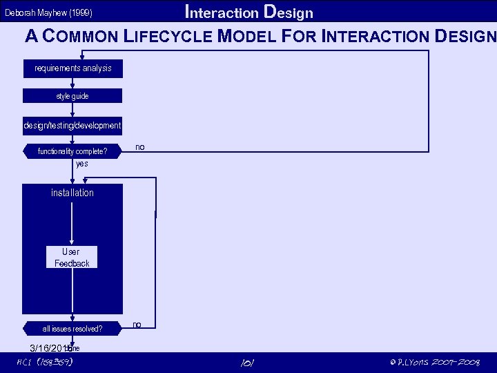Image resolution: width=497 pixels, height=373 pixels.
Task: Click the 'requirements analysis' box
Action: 72,68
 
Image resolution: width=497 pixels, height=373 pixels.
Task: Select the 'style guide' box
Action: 72,96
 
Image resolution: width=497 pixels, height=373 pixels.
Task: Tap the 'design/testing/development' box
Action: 72,126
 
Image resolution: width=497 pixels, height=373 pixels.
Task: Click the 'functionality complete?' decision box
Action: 72,151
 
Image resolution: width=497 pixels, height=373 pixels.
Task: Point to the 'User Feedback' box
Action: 72,258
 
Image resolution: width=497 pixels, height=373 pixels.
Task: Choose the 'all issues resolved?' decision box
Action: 72,329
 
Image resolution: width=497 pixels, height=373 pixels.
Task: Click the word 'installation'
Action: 72,193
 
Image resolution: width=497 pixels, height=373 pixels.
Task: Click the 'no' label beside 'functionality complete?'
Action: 140,147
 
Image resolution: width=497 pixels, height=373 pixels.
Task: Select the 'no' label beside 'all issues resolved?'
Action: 137,324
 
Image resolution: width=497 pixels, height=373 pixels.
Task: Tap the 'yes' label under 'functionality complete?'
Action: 81,164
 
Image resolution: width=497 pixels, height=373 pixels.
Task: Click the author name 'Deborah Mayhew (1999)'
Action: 48,13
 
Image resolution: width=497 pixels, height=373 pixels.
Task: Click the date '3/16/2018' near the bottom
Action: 52,347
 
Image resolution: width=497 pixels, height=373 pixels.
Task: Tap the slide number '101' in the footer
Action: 247,363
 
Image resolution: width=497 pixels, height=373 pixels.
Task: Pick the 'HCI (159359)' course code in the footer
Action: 45,363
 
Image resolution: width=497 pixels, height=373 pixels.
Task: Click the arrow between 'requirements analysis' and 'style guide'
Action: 72,82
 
